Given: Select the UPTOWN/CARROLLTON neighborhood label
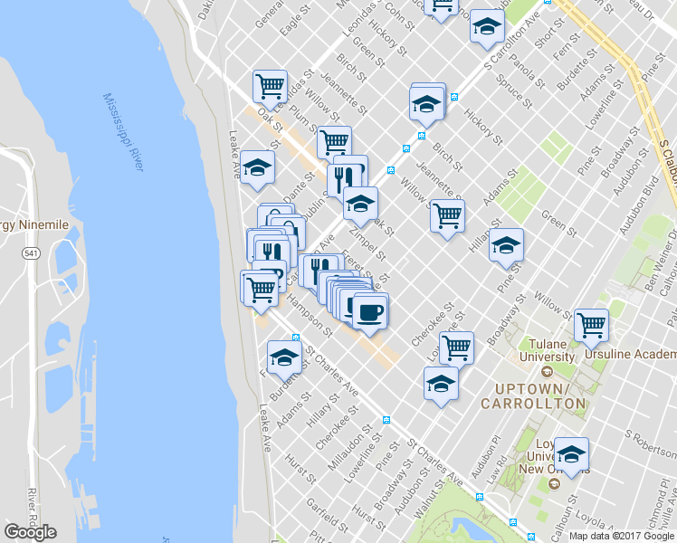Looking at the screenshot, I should (x=539, y=395).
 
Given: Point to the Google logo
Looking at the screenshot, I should (x=31, y=531).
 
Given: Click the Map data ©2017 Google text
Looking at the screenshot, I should (x=622, y=536).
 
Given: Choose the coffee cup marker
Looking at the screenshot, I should (x=369, y=312).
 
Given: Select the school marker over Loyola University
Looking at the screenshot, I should (x=571, y=453).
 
